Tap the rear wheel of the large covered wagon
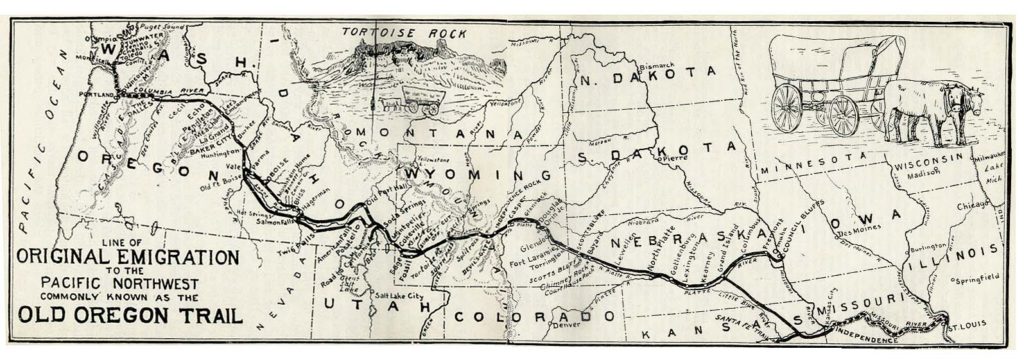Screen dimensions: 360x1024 coord(787,103)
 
